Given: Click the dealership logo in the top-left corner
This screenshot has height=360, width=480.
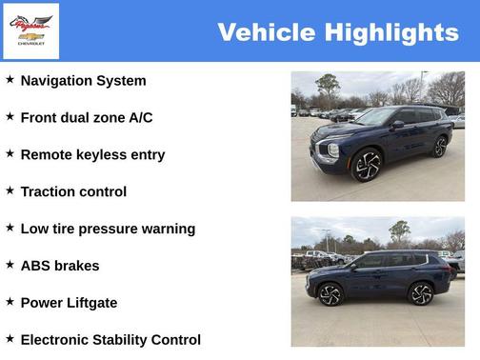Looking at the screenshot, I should click(x=31, y=30).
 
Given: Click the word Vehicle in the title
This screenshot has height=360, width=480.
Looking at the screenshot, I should click(x=266, y=32).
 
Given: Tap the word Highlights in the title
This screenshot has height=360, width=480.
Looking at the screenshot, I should click(x=391, y=32).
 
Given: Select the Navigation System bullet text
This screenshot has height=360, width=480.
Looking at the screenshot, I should click(x=83, y=81).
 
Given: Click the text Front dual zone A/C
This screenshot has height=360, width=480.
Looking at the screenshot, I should click(x=86, y=118).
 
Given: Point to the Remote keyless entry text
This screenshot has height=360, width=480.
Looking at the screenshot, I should click(x=92, y=155).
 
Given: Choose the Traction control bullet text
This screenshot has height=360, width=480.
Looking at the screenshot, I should click(x=73, y=192).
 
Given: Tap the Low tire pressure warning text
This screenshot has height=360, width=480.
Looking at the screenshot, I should click(x=108, y=230).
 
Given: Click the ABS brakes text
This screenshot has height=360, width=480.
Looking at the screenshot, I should click(x=59, y=266).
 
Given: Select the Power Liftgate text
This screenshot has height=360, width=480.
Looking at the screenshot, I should click(x=69, y=303).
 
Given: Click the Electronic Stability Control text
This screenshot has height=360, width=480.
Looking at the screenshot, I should click(x=110, y=340).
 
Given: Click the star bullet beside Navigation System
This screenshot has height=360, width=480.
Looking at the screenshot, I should click(x=10, y=80).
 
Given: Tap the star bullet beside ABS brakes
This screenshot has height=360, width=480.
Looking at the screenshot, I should click(x=10, y=265).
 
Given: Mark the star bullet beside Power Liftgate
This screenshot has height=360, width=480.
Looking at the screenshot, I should click(x=10, y=302).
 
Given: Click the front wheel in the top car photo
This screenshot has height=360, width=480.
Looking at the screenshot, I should click(x=367, y=165).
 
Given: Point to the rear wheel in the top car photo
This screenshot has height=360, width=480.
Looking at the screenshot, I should click(x=440, y=147).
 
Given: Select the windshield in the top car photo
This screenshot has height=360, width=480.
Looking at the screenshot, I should click(x=374, y=116).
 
